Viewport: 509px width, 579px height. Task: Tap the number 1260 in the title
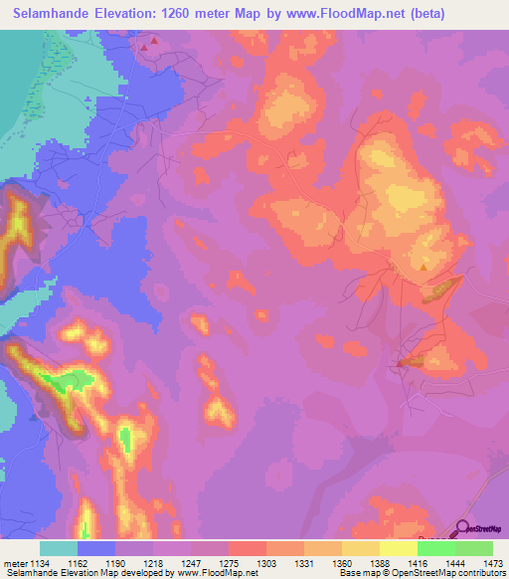click(x=183, y=14)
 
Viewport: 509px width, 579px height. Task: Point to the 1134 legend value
click(x=43, y=563)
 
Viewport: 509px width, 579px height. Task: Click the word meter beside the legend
click(x=15, y=563)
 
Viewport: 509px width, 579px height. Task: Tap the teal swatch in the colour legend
click(x=59, y=548)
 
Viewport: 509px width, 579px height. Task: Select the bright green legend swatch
click(x=474, y=548)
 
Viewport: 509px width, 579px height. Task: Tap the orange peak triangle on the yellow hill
click(x=424, y=266)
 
